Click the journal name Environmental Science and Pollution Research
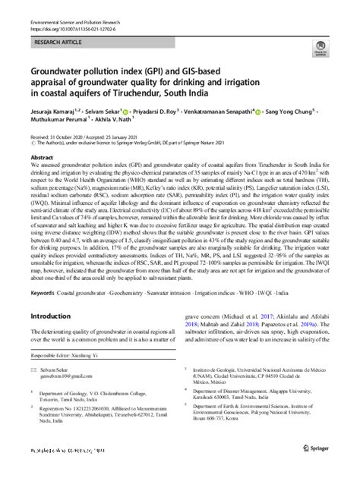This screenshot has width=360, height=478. [x=83, y=25]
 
